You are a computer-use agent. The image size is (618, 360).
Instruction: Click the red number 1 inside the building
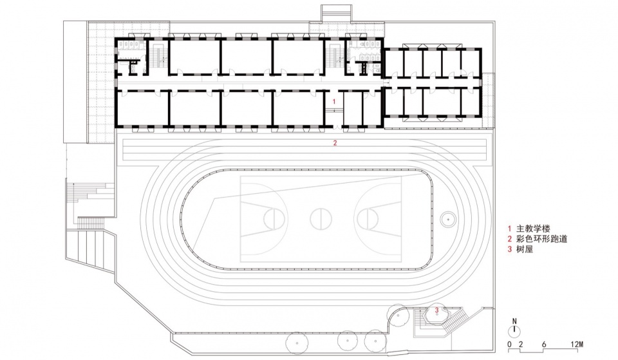coord(334,101)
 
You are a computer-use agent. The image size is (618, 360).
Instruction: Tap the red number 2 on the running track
coord(335,143)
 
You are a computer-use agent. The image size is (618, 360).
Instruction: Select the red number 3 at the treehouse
coord(436,310)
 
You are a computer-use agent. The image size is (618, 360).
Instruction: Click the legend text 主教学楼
coord(533,229)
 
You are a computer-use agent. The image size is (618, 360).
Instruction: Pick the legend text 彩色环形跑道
coord(541,238)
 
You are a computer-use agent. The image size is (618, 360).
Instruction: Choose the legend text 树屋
coord(525,249)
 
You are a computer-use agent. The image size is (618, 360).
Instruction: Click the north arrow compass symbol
coord(514,330)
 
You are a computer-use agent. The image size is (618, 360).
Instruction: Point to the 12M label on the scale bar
coord(577,345)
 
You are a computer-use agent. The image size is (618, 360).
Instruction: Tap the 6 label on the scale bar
coord(544,345)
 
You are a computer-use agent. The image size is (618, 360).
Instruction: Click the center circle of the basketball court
coord(321,218)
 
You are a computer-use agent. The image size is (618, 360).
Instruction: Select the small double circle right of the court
coord(448,219)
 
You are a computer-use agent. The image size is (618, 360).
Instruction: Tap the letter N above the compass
coord(514,321)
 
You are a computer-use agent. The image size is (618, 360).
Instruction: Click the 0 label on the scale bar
coord(509,345)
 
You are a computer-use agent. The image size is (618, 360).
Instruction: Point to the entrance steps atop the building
coord(336,14)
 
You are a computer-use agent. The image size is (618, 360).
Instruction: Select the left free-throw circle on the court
coord(274,218)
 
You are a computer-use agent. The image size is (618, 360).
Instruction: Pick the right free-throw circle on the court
coord(368,218)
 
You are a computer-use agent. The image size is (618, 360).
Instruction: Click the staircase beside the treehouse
coord(456,319)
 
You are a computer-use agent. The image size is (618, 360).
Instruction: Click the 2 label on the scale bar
coord(521,345)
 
